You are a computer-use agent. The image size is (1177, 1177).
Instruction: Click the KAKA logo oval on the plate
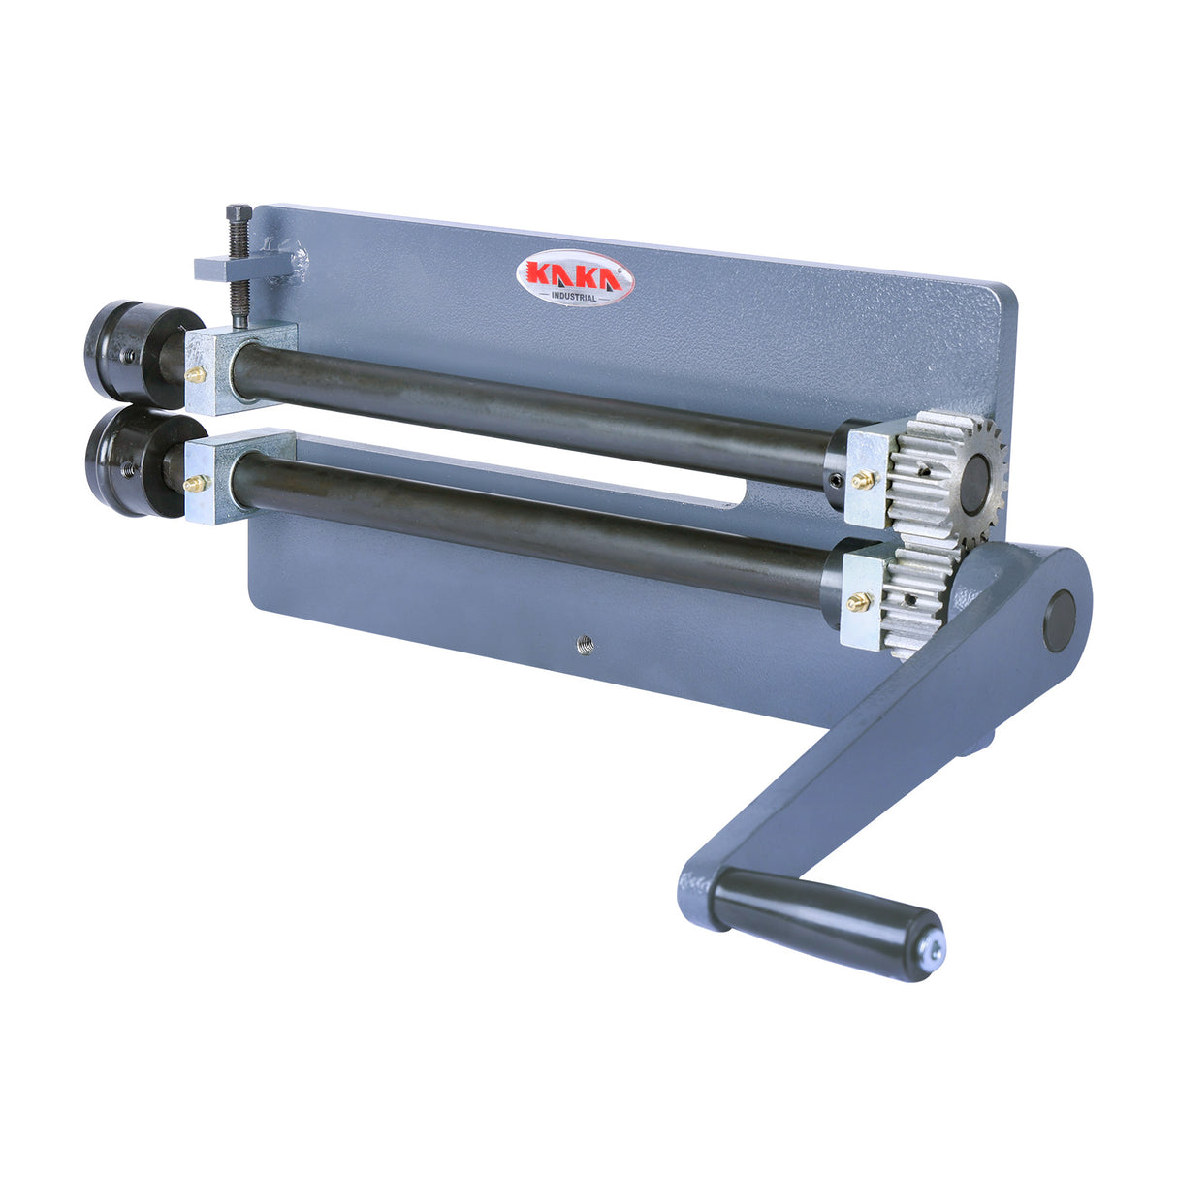pos(574,279)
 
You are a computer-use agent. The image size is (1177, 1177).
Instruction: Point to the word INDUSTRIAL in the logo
pos(575,298)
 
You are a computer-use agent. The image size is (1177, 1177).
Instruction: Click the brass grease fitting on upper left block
pos(196,372)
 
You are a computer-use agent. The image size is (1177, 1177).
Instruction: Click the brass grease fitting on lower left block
pos(195,482)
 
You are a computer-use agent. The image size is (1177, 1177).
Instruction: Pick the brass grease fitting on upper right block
pos(859,478)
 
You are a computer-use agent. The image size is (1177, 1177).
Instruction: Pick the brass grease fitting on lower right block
pos(857,602)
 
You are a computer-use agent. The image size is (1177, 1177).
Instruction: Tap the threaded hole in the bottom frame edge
pos(585,641)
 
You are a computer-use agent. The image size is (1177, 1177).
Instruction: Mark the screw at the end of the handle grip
pos(933,952)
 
